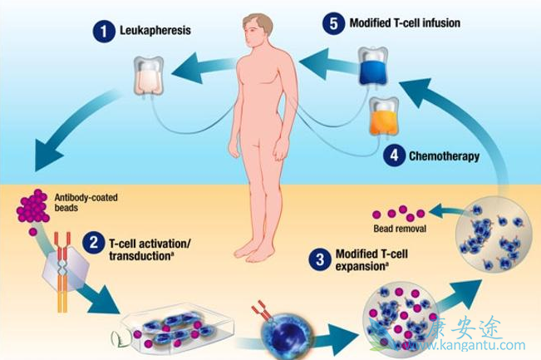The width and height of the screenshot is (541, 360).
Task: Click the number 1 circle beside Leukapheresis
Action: pos(103,33)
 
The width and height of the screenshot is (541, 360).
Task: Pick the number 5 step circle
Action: pos(333,23)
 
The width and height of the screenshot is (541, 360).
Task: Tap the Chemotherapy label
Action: pos(445,155)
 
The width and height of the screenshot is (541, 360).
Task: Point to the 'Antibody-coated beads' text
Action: pos(78,202)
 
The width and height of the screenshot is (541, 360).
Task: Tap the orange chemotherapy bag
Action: pos(384,117)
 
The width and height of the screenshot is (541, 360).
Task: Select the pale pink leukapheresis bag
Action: pos(149,76)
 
